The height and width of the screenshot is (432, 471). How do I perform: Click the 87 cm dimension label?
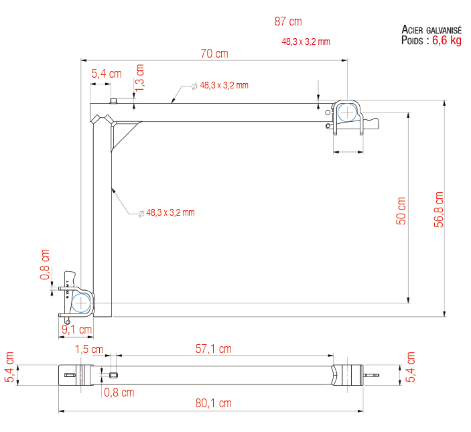pos(288,21)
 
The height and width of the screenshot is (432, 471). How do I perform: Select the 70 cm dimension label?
pos(214,54)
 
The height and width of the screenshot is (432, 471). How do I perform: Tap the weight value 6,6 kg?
pos(447,40)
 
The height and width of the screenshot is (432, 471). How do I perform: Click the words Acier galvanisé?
pos(431,29)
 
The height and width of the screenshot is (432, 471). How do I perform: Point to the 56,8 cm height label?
pos(439,209)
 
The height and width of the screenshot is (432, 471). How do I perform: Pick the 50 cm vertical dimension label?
pos(401,211)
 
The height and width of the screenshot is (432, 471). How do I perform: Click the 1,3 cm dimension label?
pos(139,78)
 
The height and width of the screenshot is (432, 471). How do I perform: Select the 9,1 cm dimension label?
pos(76,330)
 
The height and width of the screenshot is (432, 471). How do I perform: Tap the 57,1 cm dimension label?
pos(213,349)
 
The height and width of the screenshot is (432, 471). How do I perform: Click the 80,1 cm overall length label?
pos(213,403)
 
